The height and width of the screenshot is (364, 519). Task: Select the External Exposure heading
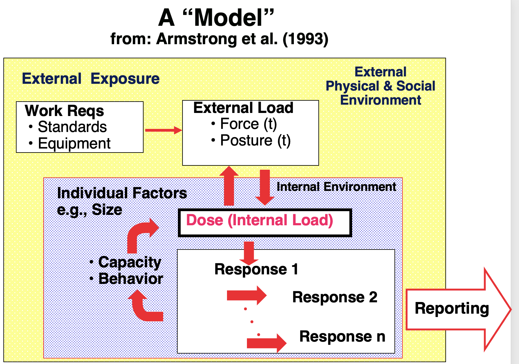point(90,79)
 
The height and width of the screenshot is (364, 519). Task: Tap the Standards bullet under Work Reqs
point(72,127)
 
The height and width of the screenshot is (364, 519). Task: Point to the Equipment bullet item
point(74,143)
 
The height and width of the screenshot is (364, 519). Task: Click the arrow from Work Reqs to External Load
point(163,130)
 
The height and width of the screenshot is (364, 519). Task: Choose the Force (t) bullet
point(248,124)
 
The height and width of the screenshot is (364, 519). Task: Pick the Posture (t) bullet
point(255,141)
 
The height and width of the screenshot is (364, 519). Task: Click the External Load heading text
point(243,108)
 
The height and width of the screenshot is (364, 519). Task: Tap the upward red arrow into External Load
point(229,186)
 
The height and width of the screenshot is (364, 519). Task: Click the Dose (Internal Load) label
point(259,220)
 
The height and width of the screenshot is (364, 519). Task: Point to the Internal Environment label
point(336,187)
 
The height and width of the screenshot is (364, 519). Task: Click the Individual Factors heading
point(122,193)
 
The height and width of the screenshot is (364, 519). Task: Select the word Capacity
point(130,262)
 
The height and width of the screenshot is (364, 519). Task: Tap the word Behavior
point(131,279)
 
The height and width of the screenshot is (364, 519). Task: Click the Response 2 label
point(335,297)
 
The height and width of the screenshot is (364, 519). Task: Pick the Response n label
point(342,336)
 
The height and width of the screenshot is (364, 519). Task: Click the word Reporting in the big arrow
point(452,308)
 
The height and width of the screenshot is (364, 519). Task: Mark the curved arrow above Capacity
point(140,235)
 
